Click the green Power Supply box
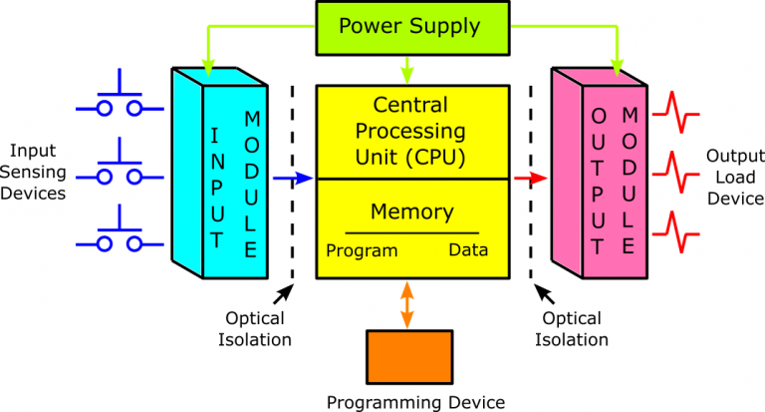tap(409, 27)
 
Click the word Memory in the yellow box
tap(411, 211)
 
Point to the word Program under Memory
tap(362, 250)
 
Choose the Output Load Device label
tap(735, 177)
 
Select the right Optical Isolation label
tap(572, 329)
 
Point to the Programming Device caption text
tap(416, 401)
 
